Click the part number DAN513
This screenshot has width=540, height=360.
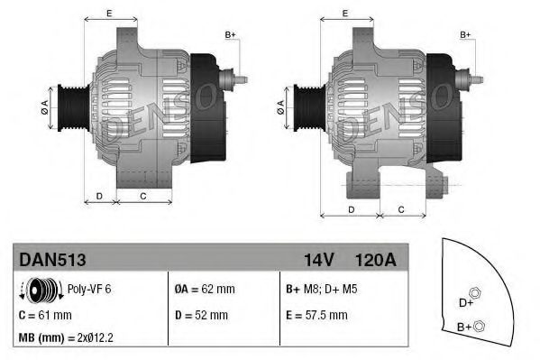pos(52,260)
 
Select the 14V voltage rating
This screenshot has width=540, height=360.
pos(318,260)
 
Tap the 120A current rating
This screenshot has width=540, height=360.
pos(376,260)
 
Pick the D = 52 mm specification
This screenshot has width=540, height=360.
pos(201,315)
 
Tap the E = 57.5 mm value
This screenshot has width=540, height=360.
pos(316,315)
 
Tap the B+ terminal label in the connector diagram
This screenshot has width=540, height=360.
pos(464,327)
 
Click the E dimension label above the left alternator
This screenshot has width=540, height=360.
pos(108,13)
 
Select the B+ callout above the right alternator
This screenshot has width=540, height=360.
pos(466,34)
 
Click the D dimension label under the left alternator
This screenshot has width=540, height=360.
pos(99,195)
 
